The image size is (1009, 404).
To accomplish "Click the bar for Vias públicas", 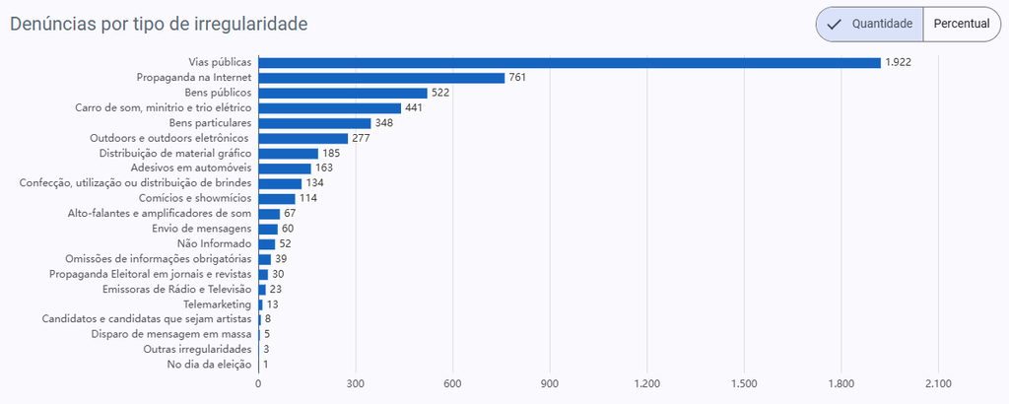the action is pyautogui.click(x=570, y=62).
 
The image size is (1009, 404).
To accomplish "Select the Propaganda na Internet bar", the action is pyautogui.click(x=381, y=78).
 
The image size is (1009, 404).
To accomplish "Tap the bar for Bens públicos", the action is pyautogui.click(x=343, y=93).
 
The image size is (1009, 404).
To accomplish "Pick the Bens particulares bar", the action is pyautogui.click(x=314, y=123).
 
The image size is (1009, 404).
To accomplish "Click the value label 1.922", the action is pyautogui.click(x=899, y=62).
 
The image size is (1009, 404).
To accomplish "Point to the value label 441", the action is pyautogui.click(x=414, y=108).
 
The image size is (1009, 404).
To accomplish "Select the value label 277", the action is pyautogui.click(x=361, y=138).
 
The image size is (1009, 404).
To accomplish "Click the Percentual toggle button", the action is pyautogui.click(x=962, y=25).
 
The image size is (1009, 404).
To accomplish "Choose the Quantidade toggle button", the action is pyautogui.click(x=869, y=25).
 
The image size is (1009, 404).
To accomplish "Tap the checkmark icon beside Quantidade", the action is pyautogui.click(x=835, y=25).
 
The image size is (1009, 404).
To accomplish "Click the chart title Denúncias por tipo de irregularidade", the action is pyautogui.click(x=159, y=25).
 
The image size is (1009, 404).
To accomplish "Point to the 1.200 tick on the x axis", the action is pyautogui.click(x=647, y=384).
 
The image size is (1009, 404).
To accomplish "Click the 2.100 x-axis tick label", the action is pyautogui.click(x=938, y=384).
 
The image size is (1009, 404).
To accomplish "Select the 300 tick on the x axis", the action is pyautogui.click(x=355, y=384).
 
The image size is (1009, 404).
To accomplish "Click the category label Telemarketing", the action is pyautogui.click(x=218, y=304).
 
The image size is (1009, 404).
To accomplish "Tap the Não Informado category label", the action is pyautogui.click(x=214, y=243).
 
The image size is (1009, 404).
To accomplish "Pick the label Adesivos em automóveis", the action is pyautogui.click(x=191, y=168).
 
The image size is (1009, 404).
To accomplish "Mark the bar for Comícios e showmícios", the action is pyautogui.click(x=277, y=199).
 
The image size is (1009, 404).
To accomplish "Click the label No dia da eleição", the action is pyautogui.click(x=209, y=365).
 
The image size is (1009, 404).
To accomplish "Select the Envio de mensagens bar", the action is pyautogui.click(x=268, y=229).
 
